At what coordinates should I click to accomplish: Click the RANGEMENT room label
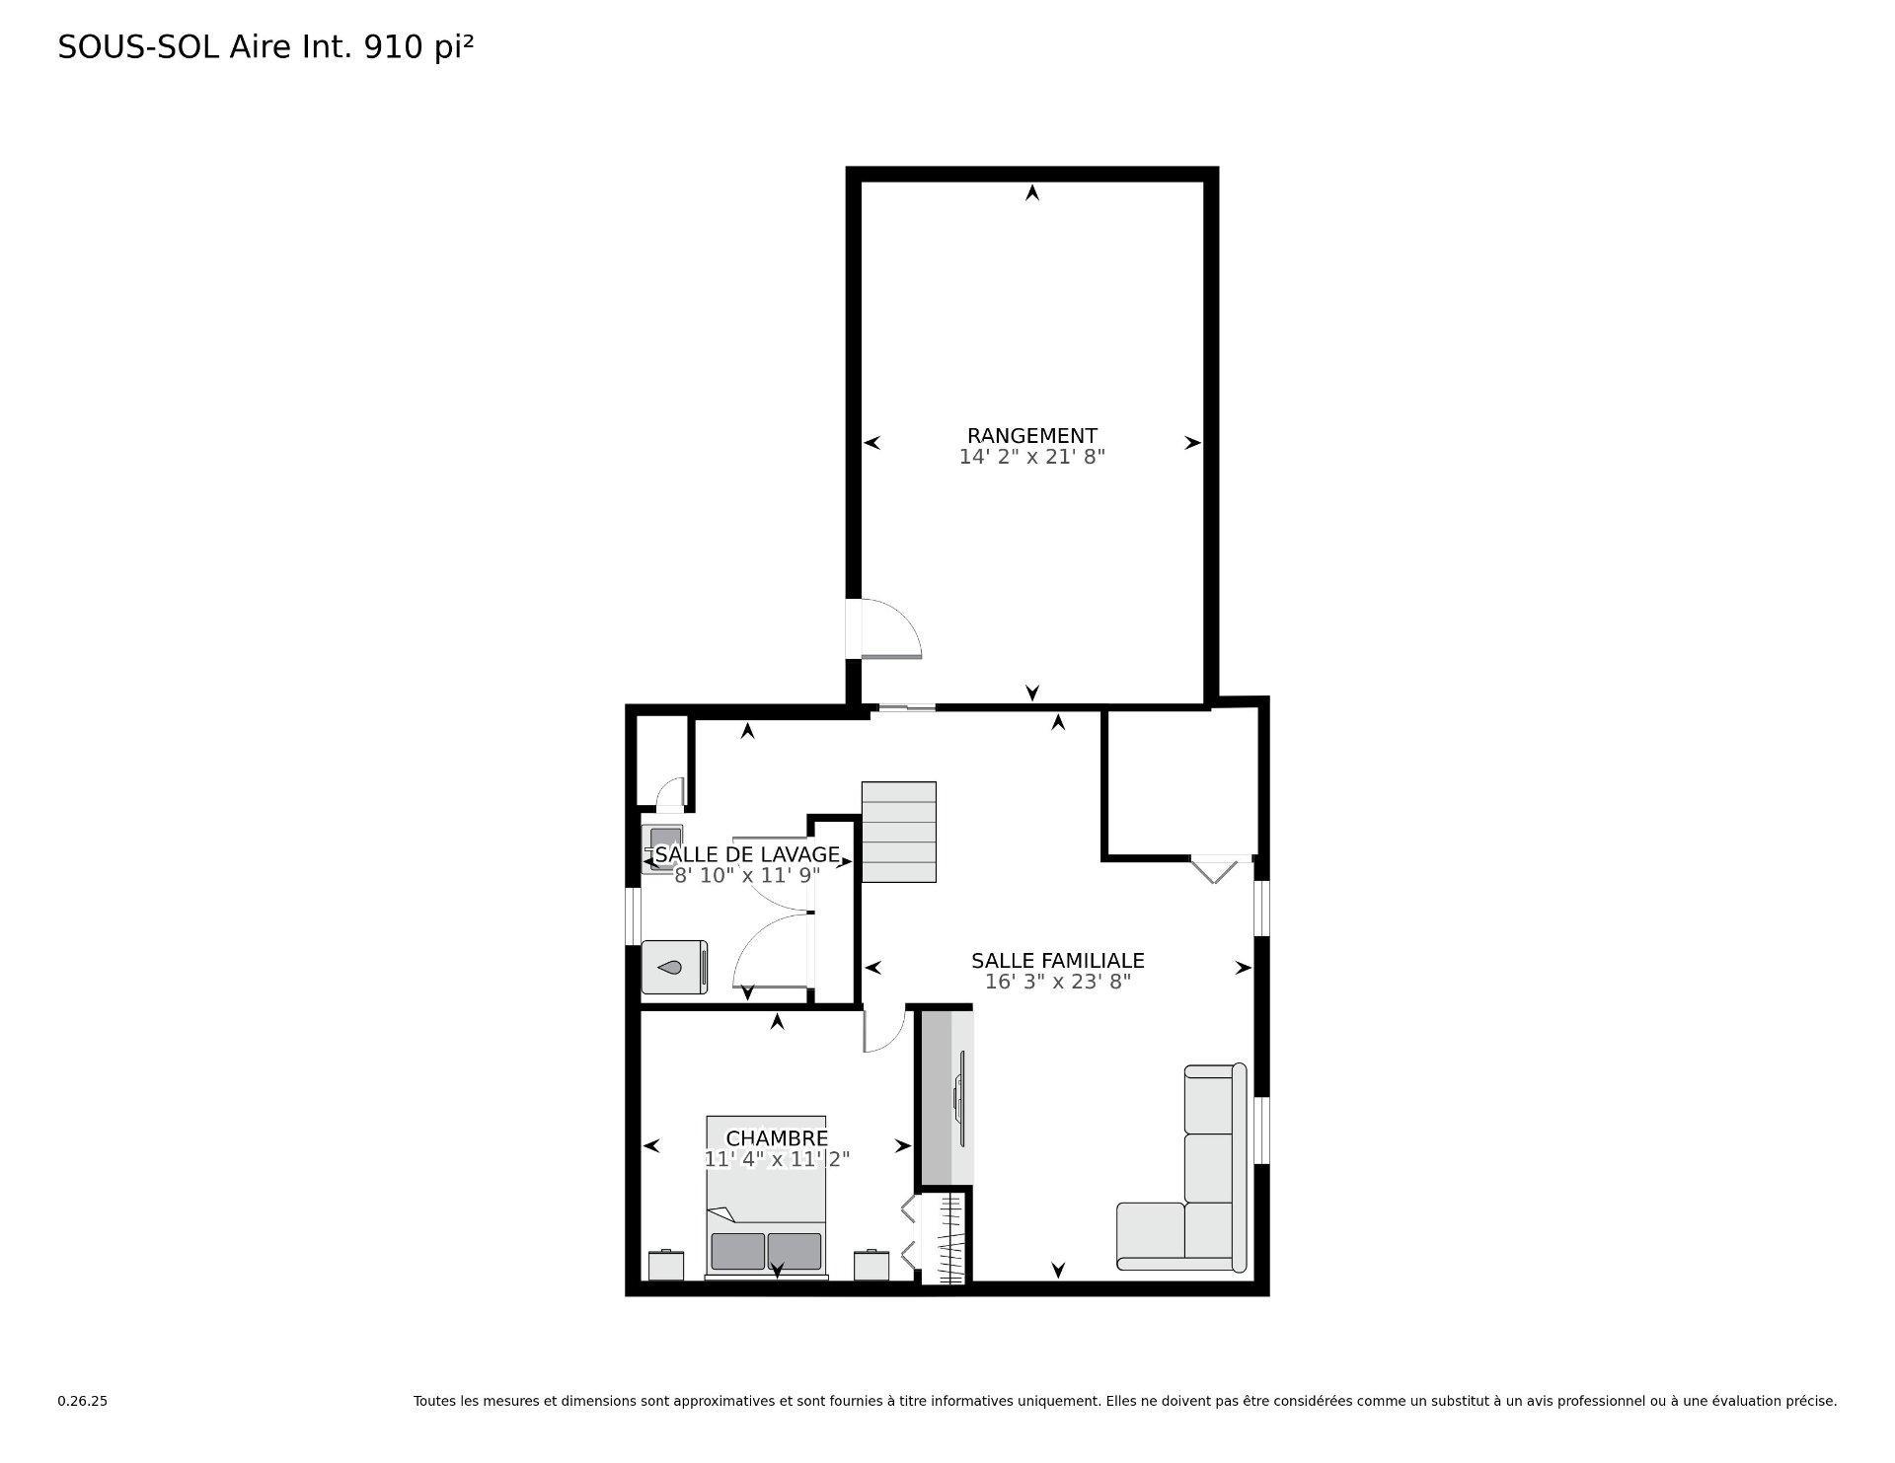(x=1031, y=435)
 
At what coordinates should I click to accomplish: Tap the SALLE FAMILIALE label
(x=1057, y=960)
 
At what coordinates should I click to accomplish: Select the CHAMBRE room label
(x=777, y=1138)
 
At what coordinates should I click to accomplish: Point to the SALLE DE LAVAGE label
(x=747, y=854)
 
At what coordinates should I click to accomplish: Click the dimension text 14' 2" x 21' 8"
(x=1031, y=457)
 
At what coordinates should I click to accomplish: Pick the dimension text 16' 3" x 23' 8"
(x=1057, y=982)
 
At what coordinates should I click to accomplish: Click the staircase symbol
(x=898, y=832)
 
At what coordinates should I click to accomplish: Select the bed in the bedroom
(x=767, y=1197)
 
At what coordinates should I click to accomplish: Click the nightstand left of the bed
(x=666, y=1265)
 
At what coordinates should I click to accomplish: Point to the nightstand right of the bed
(x=872, y=1265)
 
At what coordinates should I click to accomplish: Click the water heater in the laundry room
(x=674, y=967)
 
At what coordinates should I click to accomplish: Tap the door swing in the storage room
(x=891, y=628)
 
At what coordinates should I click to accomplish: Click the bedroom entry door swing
(x=884, y=1029)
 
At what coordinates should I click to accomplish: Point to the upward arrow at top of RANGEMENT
(x=1032, y=192)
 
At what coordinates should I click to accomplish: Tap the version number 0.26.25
(x=82, y=1401)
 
